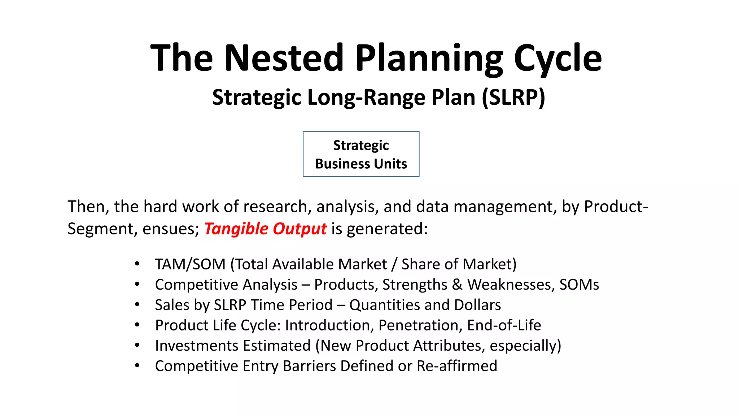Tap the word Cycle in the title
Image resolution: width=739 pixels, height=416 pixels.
click(557, 58)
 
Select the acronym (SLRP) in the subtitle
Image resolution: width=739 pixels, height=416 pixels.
click(513, 97)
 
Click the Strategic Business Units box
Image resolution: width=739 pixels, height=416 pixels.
click(361, 154)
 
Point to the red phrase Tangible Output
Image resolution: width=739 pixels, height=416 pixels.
click(265, 229)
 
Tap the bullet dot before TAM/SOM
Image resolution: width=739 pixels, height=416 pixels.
click(137, 264)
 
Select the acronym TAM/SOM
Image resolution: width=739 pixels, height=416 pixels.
click(190, 264)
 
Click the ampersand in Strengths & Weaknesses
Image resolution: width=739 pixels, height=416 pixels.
click(457, 285)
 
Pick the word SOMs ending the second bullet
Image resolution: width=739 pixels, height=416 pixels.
click(579, 285)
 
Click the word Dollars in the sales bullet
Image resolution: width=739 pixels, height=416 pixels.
click(477, 305)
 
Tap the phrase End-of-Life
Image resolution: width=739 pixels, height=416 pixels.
click(504, 325)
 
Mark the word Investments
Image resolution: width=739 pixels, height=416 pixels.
click(196, 346)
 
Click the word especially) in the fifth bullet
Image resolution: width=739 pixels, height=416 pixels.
click(525, 346)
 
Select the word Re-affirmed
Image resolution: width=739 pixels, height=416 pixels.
click(457, 366)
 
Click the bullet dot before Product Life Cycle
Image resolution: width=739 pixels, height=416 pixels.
click(137, 325)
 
